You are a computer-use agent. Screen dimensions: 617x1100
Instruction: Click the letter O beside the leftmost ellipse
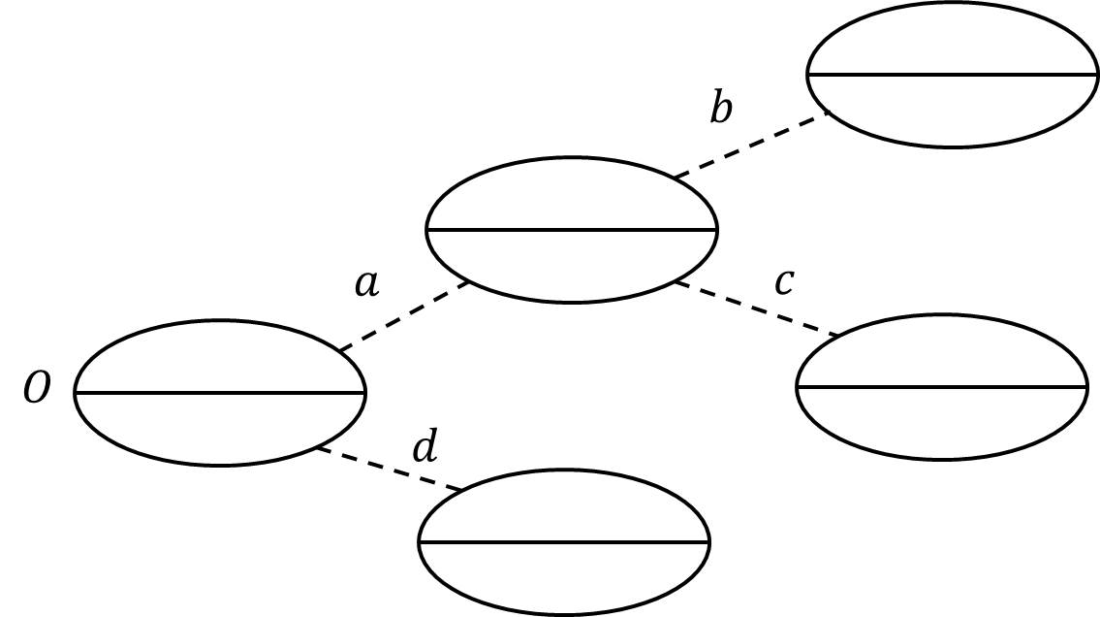[x=37, y=390]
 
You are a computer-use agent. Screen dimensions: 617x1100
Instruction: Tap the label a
[x=366, y=284]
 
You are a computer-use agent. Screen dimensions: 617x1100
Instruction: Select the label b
[x=720, y=109]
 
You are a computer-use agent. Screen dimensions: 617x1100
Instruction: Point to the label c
[x=784, y=282]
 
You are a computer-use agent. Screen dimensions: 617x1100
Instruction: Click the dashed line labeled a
[x=403, y=316]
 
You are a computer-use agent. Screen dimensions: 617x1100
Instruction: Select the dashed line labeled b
[x=751, y=145]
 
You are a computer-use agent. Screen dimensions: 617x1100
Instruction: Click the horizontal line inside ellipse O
[x=219, y=393]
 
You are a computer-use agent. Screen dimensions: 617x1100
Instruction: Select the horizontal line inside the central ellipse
[x=572, y=230]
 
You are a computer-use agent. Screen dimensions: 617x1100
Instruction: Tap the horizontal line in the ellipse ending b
[x=952, y=75]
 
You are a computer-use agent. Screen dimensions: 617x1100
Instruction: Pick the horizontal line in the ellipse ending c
[x=941, y=387]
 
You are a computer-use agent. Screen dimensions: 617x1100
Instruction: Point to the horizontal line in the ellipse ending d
[x=564, y=542]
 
